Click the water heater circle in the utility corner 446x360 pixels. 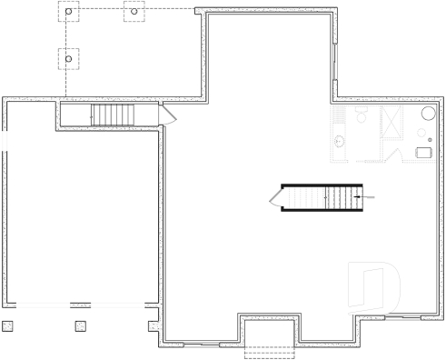pos(427,114)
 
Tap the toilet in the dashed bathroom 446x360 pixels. pos(360,115)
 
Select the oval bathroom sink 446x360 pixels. pos(339,141)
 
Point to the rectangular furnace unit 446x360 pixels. pos(424,153)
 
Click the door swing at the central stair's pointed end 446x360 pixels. pos(276,197)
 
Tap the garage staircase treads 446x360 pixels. pos(113,115)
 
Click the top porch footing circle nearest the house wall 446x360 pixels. pos(134,13)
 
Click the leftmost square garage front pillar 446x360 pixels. pos(8,325)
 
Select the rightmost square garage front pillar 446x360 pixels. pos(153,325)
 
